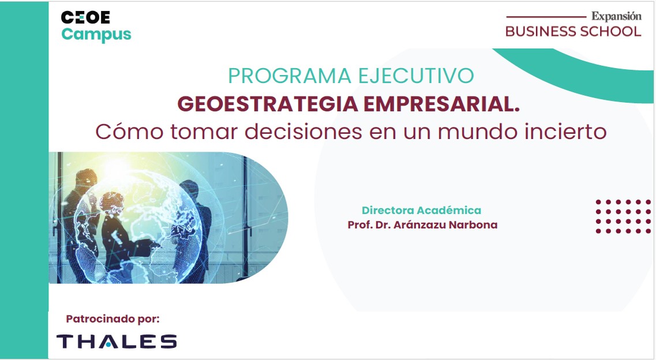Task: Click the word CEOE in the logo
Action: (x=85, y=17)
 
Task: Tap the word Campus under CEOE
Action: (x=96, y=35)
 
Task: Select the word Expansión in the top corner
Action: (x=616, y=17)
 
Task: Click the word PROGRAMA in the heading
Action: (x=290, y=76)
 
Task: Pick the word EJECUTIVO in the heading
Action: (x=416, y=76)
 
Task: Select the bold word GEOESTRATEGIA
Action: (x=268, y=104)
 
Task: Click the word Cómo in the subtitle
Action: (x=129, y=132)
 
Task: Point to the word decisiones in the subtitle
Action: (x=303, y=132)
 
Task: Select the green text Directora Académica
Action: (x=421, y=211)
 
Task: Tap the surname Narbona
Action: (x=473, y=225)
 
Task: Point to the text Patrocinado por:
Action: (x=113, y=319)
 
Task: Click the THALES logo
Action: (x=117, y=341)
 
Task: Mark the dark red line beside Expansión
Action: (x=546, y=17)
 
